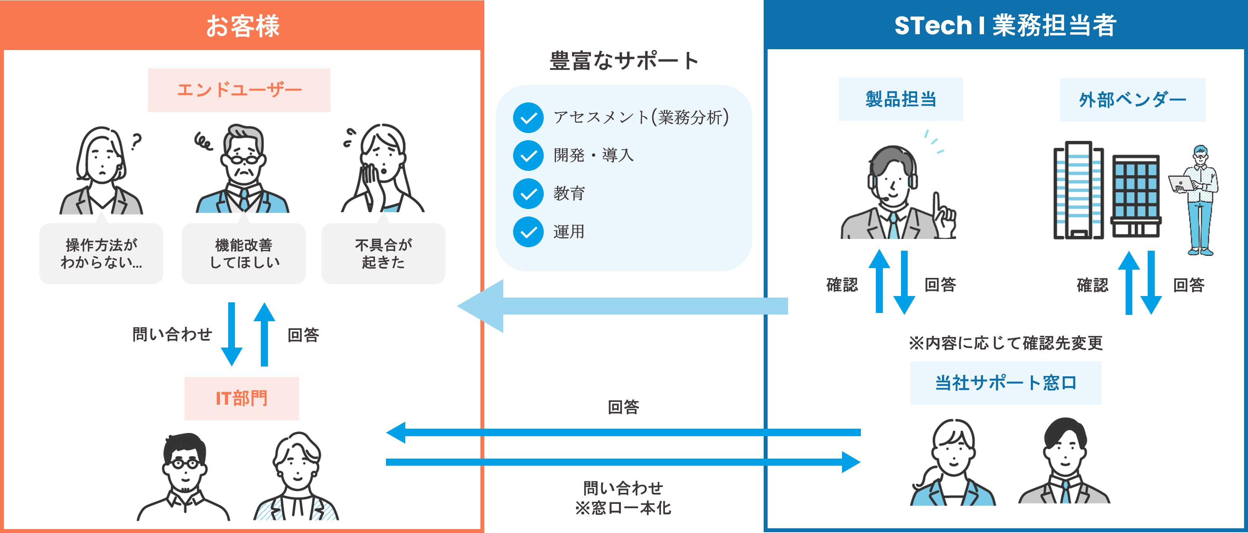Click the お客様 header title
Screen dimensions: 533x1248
tap(242, 26)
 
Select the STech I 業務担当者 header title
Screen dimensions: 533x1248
tap(1005, 26)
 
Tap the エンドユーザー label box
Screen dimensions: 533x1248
tap(239, 90)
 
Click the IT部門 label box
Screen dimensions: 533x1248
tap(241, 398)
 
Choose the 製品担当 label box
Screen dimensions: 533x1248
tap(901, 99)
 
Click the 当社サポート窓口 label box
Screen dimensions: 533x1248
tap(1005, 383)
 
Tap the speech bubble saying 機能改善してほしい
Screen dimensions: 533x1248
tap(244, 254)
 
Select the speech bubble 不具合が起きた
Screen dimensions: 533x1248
tap(383, 254)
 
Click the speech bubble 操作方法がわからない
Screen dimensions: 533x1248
tap(101, 254)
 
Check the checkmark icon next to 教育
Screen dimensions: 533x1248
tap(528, 194)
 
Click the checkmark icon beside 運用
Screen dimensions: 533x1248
tap(528, 232)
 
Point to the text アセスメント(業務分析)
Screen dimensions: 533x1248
tap(641, 117)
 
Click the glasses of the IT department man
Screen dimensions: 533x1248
tap(185, 464)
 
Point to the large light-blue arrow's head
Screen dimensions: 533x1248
tap(480, 306)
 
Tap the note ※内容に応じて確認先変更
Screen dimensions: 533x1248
tap(1005, 343)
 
